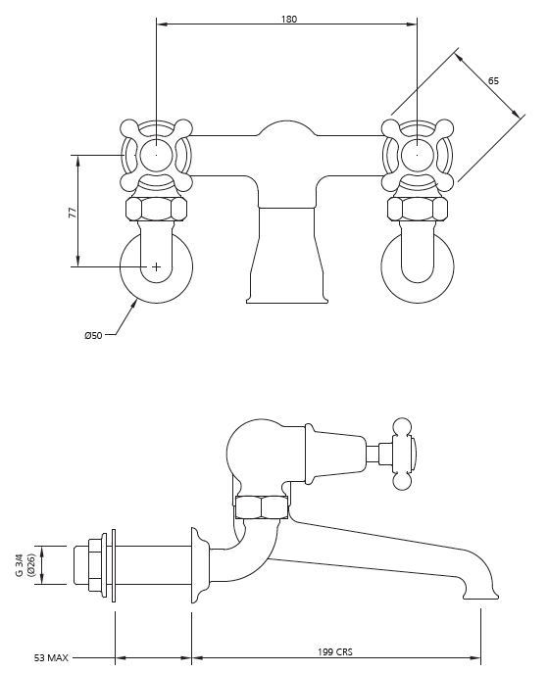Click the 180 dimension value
[x=289, y=19]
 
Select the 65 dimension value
[x=493, y=80]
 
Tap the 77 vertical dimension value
[x=73, y=213]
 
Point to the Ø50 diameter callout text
[x=93, y=336]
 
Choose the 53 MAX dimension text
[x=51, y=657]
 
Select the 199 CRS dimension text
[x=335, y=652]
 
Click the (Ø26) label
[x=31, y=565]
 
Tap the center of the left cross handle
[x=156, y=155]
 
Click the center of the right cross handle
[x=417, y=155]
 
